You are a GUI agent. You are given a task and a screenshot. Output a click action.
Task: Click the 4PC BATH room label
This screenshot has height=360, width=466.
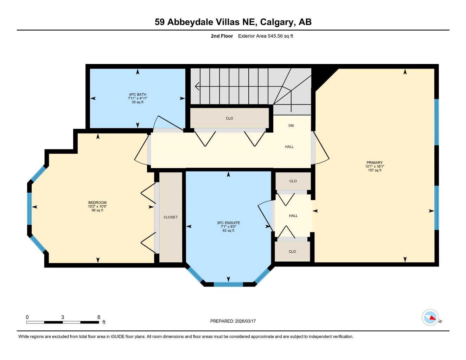(137, 95)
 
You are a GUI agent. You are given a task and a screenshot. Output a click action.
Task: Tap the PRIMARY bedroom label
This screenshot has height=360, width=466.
(374, 163)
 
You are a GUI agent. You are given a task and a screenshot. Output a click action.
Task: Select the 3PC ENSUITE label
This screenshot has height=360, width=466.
(228, 223)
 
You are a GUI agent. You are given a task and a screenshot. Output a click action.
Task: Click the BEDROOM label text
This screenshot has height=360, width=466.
(97, 202)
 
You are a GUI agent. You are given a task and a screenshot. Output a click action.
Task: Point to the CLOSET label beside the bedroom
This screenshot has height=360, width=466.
(171, 217)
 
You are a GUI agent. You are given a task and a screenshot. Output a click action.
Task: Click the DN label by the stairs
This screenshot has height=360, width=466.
(291, 126)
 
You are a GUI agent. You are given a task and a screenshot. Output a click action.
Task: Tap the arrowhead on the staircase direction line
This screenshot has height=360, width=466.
(197, 86)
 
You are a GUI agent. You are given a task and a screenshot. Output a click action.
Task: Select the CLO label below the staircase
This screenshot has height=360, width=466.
(229, 118)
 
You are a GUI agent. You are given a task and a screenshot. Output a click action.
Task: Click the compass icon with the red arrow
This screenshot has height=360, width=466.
(430, 317)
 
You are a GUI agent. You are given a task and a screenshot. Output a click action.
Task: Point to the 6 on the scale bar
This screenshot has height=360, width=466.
(99, 317)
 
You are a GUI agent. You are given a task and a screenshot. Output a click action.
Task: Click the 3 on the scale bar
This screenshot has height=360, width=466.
(63, 317)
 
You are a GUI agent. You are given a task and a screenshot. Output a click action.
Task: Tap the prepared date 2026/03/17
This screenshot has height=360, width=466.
(245, 321)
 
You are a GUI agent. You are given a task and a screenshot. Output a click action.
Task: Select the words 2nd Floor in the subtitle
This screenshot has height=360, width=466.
(222, 36)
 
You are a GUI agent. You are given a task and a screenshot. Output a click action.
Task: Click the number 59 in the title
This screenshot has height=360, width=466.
(160, 22)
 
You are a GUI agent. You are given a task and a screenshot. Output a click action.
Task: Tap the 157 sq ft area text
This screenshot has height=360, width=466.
(375, 171)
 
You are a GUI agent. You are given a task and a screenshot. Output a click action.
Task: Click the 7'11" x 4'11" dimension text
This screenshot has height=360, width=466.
(137, 98)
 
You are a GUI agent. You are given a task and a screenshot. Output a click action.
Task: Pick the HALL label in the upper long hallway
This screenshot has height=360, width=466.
(289, 147)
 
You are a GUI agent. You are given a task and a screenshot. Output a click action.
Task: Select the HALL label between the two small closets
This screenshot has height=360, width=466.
(293, 216)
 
